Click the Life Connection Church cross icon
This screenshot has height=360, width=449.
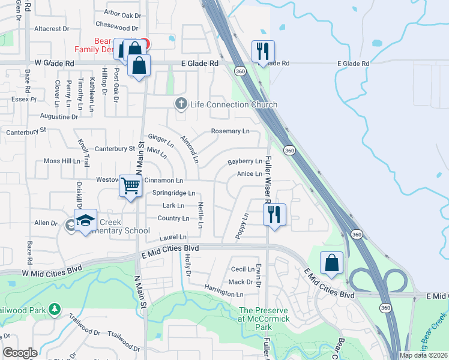coord(181,104)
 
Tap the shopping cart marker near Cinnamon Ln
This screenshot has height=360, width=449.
coord(130,185)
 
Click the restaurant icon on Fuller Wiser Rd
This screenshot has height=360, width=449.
coord(274,214)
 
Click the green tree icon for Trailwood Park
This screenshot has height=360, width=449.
coord(55,309)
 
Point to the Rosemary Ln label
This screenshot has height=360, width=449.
coord(230,131)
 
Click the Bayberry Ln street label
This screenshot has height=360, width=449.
coord(245,162)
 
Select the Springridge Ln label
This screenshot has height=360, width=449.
coord(173,193)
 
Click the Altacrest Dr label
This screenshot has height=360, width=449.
coord(52,28)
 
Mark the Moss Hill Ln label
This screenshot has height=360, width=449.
coord(62,161)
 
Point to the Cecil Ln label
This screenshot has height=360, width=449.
coord(243,270)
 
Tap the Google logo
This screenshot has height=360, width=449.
coord(20,353)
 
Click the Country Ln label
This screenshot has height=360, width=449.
coord(173,218)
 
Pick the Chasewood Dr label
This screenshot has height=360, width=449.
coord(117,28)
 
